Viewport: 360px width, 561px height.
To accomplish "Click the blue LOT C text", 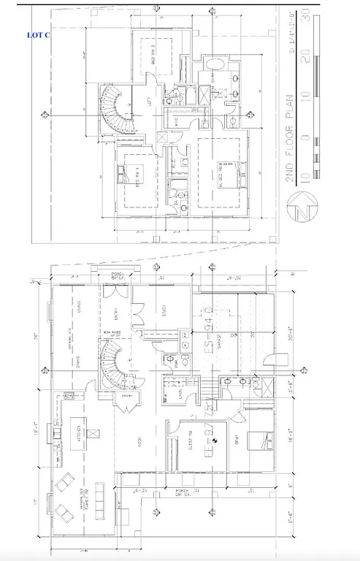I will tap(38, 34).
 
